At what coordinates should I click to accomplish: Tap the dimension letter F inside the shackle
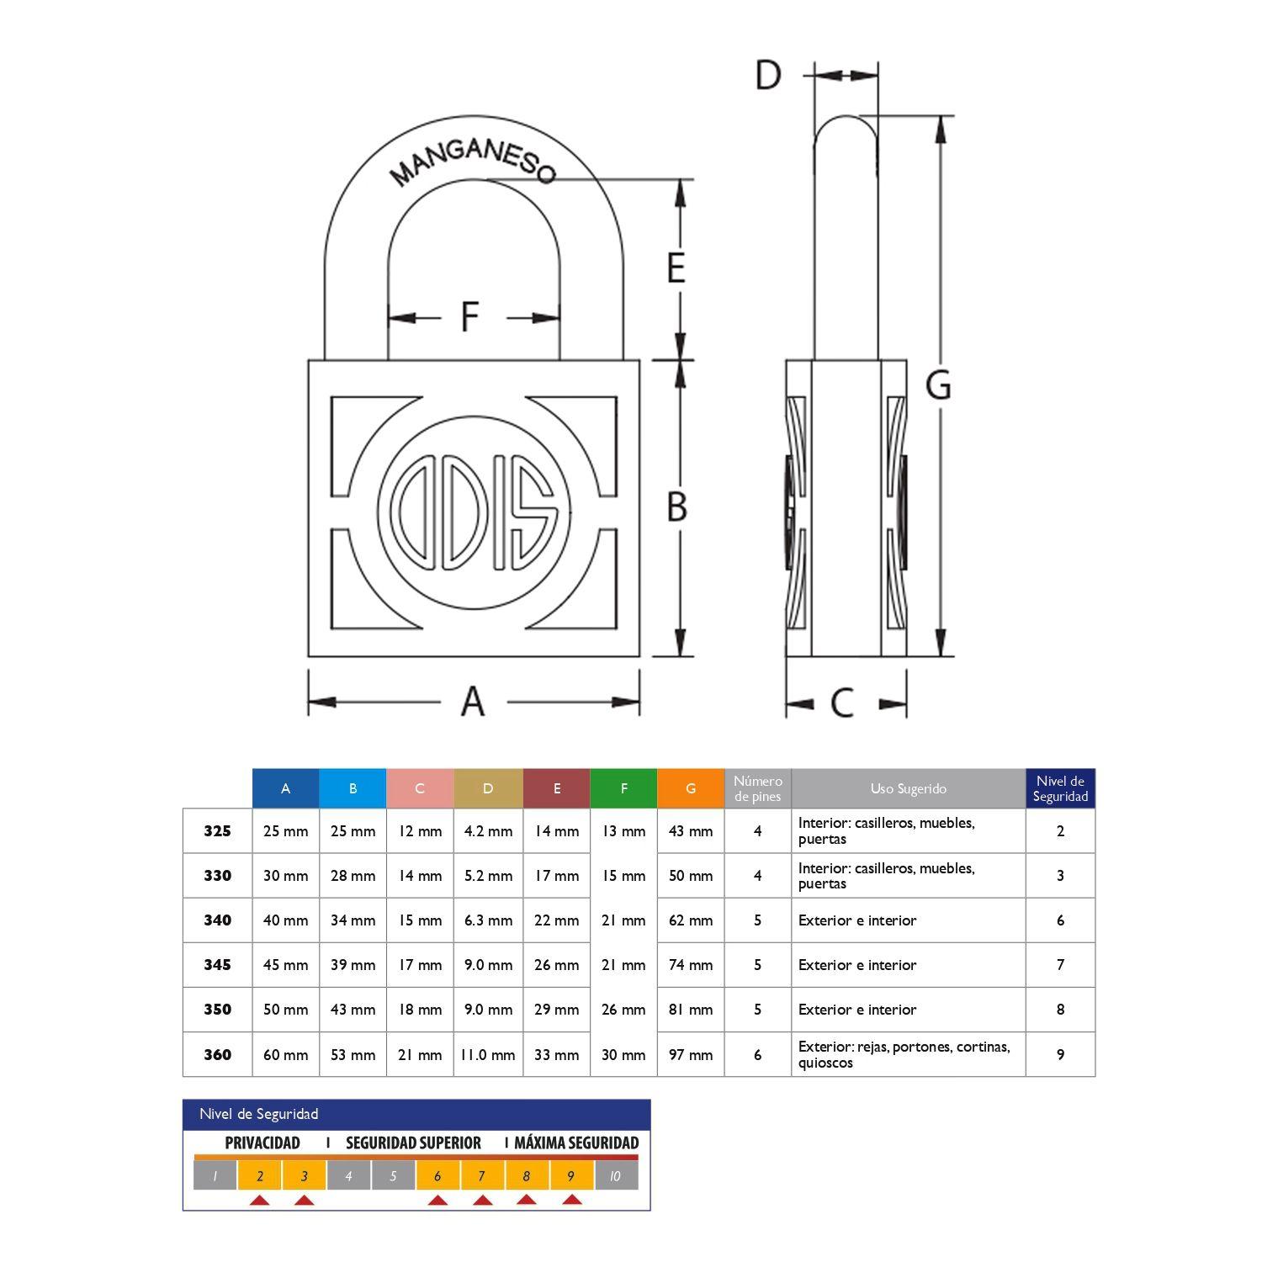[x=469, y=317]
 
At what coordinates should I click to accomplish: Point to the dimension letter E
[x=676, y=268]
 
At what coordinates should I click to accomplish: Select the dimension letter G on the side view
[x=938, y=385]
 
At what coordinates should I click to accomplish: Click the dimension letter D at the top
[x=767, y=76]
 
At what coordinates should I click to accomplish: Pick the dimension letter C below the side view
[x=842, y=703]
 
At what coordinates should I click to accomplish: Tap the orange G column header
[x=691, y=788]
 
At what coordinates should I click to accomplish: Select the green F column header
[x=623, y=788]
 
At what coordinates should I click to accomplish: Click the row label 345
[x=217, y=965]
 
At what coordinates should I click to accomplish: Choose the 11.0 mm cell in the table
[x=488, y=1054]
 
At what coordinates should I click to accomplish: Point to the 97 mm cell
[x=691, y=1054]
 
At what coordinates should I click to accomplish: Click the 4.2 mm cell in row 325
[x=488, y=831]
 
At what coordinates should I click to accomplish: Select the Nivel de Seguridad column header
[x=1060, y=788]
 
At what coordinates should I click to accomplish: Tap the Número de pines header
[x=757, y=788]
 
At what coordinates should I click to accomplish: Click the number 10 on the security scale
[x=615, y=1176]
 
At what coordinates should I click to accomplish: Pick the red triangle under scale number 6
[x=437, y=1200]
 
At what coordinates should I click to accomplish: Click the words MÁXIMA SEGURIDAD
[x=576, y=1143]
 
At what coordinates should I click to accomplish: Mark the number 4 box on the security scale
[x=348, y=1176]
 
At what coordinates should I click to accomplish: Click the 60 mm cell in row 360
[x=285, y=1054]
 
